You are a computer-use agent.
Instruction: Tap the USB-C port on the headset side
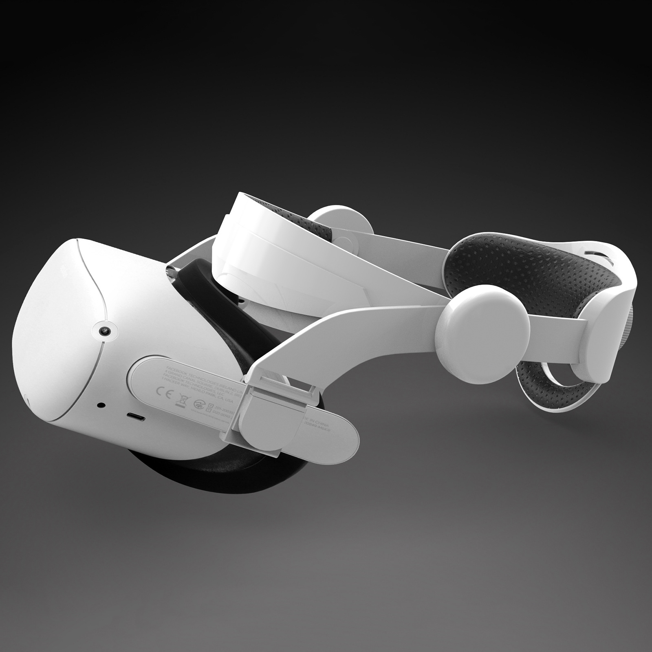tap(136, 416)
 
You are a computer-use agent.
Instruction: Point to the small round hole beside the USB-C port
tap(100, 405)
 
